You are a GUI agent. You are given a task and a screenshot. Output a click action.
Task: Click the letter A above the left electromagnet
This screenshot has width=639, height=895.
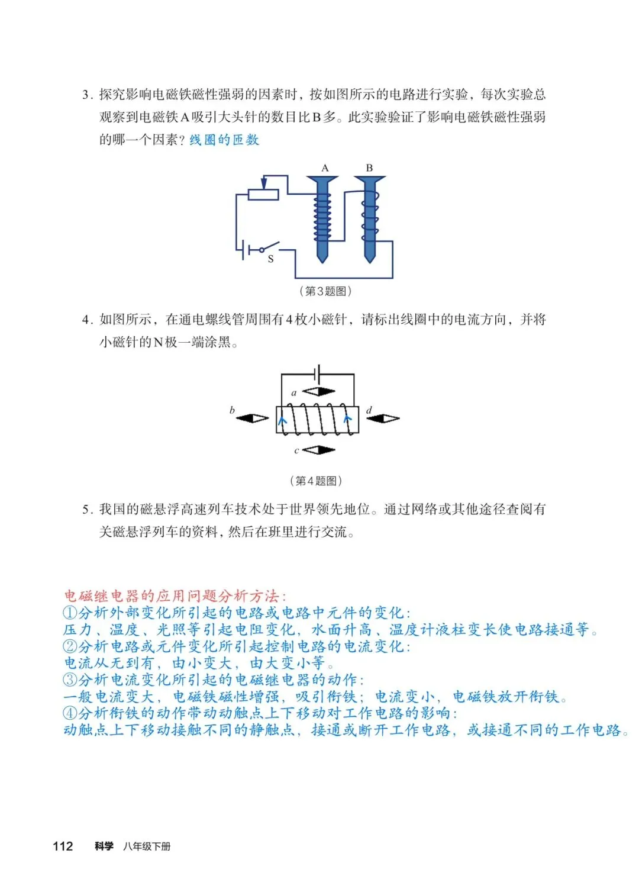pos(325,168)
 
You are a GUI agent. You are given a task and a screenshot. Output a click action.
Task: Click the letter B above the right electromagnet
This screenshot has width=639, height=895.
pos(369,168)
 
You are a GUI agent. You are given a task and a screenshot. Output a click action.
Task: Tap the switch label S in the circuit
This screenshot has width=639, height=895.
pos(271,259)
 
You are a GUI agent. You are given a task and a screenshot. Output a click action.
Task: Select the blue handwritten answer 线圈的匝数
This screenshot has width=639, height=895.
pos(224,140)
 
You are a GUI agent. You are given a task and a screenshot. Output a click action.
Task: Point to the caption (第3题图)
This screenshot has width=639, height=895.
pos(325,291)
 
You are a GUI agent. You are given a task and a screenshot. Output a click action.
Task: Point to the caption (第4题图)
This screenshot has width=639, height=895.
pos(316,481)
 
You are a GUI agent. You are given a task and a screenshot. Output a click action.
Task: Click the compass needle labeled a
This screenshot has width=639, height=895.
pos(318,391)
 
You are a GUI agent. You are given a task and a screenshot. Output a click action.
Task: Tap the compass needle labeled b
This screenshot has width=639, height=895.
pos(253,418)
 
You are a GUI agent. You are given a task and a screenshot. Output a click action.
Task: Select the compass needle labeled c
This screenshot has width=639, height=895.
pos(319,450)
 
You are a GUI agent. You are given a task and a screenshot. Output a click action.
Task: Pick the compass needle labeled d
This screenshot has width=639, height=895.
pos(383,418)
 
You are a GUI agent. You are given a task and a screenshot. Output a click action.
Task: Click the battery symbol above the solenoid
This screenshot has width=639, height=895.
pos(318,374)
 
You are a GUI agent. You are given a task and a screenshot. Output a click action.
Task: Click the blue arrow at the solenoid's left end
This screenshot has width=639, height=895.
pos(282,421)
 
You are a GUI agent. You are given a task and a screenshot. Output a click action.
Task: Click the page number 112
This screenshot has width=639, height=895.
pos(63,846)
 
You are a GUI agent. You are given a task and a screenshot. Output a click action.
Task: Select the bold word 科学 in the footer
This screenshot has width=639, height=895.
pos(104,846)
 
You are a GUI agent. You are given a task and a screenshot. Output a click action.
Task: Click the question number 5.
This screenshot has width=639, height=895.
pos(86,509)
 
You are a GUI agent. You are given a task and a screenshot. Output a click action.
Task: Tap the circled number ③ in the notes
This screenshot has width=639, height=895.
pos(70,680)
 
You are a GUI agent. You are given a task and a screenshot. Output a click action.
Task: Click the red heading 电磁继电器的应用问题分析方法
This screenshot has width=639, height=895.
pos(174,595)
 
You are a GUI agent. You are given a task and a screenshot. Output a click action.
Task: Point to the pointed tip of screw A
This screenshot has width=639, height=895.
pos(322,260)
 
